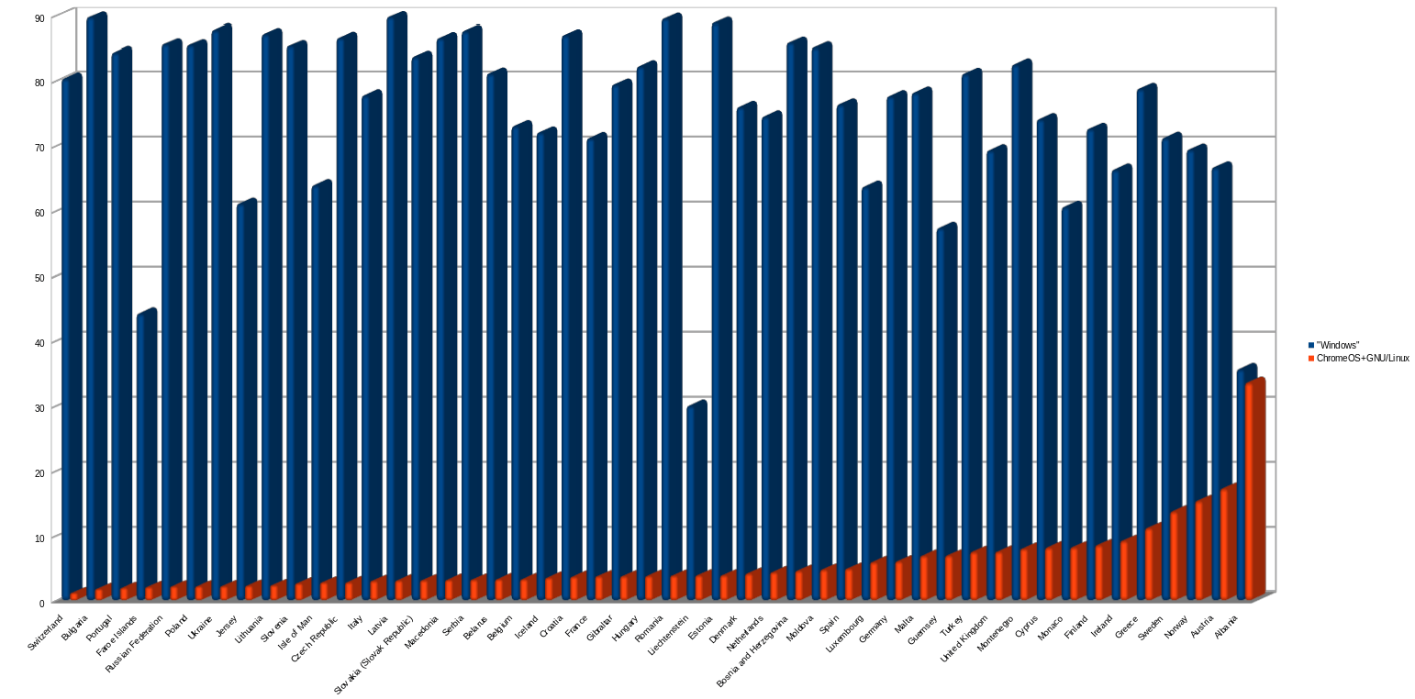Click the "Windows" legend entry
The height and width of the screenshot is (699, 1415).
1337,345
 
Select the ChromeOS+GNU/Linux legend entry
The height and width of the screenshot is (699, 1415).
1362,358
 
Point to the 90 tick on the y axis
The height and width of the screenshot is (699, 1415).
39,17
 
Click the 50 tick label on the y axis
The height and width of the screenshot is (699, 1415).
39,277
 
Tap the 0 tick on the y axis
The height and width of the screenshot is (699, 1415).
42,603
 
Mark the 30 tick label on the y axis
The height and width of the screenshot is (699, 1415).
39,407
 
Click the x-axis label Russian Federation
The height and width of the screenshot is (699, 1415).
135,648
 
